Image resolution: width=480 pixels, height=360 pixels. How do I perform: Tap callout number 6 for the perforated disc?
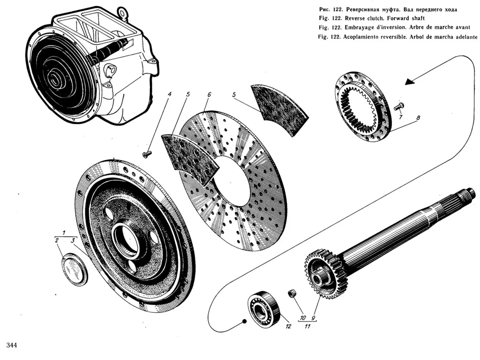(x=209, y=95)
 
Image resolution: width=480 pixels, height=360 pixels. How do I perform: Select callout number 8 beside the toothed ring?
(x=418, y=118)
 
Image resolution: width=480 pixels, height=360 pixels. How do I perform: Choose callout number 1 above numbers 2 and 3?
(x=64, y=233)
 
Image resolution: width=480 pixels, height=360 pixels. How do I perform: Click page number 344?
(x=12, y=346)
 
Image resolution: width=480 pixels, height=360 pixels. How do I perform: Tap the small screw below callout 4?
(x=146, y=154)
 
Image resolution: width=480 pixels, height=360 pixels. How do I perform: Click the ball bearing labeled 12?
(x=263, y=308)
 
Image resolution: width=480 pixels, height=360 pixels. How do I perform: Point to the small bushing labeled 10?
(x=292, y=293)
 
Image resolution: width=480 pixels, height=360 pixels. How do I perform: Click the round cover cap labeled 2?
(x=75, y=270)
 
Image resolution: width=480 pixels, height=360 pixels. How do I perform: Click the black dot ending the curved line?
(x=244, y=321)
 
